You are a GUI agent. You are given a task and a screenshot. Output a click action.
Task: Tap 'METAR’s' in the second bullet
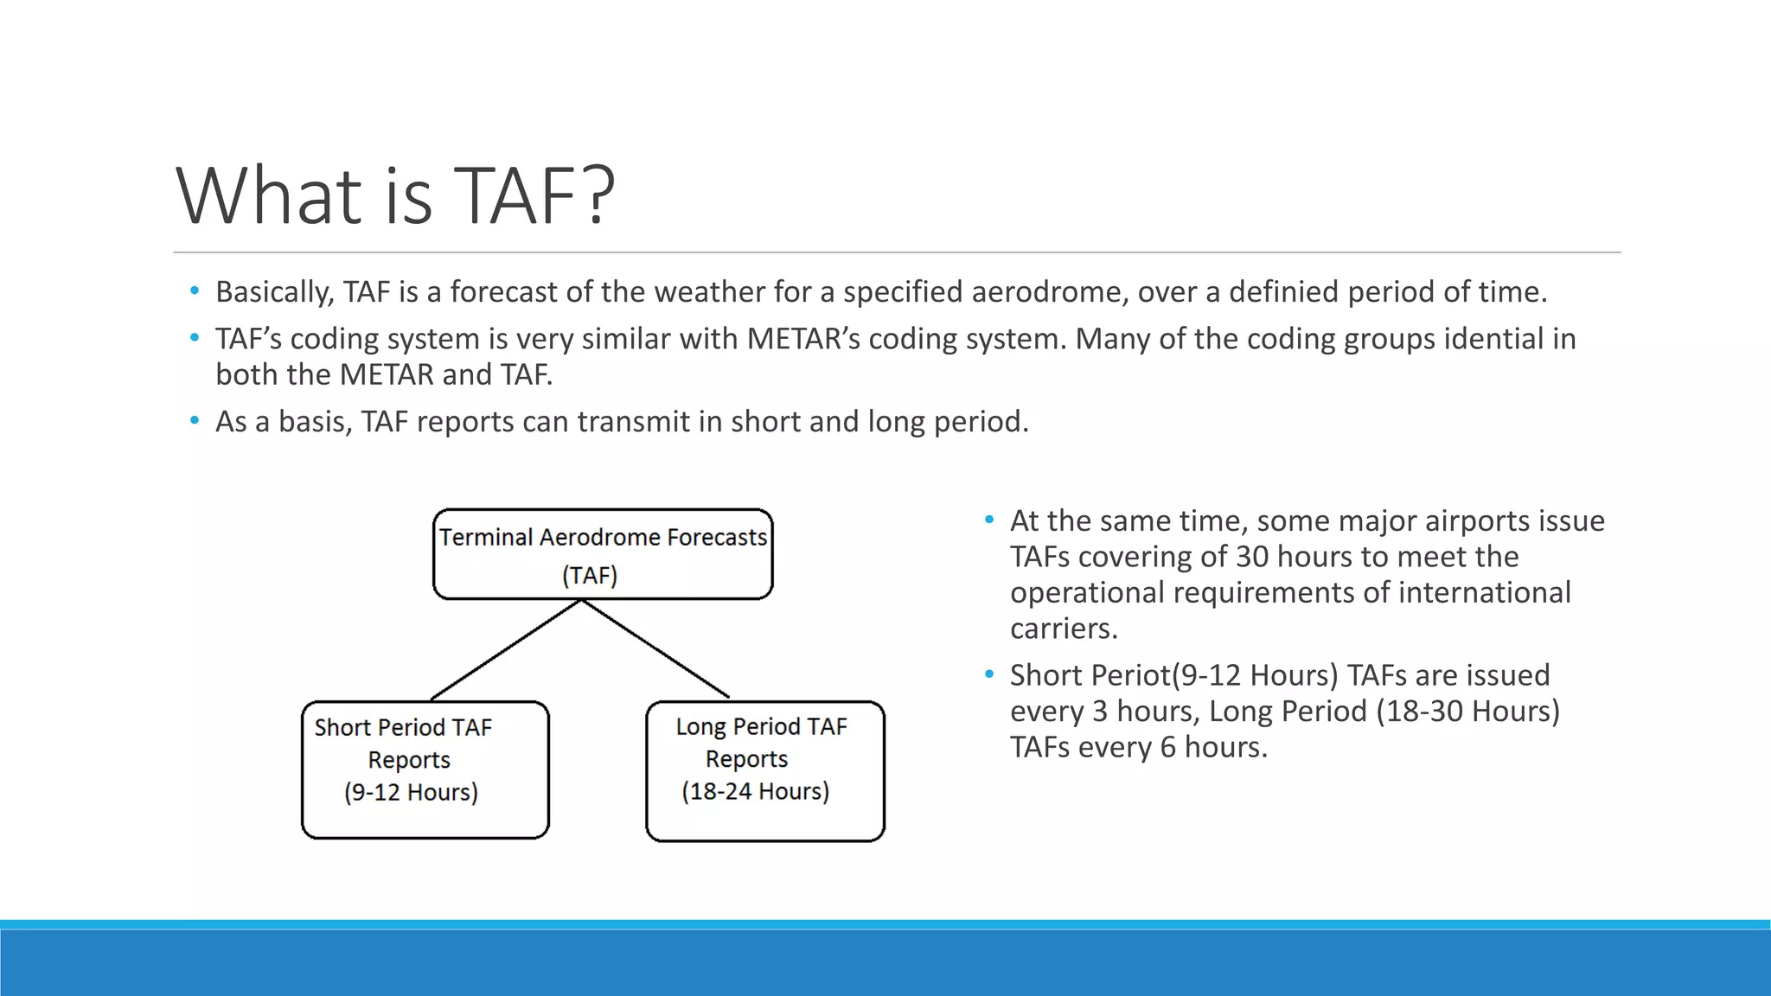(x=803, y=339)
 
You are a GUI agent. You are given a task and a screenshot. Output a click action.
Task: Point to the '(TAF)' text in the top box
(x=590, y=576)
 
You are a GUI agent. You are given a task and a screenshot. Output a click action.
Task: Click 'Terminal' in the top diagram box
(x=485, y=538)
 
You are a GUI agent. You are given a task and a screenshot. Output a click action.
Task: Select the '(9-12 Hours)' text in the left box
(x=411, y=792)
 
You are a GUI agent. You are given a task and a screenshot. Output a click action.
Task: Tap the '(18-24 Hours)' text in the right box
(x=755, y=791)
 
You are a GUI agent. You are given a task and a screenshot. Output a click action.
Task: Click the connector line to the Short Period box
(x=506, y=649)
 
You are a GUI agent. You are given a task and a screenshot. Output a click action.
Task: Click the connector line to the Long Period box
(x=655, y=649)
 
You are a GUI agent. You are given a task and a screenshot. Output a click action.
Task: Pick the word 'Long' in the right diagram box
(x=700, y=727)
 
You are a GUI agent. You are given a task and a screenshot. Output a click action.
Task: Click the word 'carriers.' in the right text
(x=1064, y=629)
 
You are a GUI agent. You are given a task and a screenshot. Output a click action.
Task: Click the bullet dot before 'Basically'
(x=195, y=291)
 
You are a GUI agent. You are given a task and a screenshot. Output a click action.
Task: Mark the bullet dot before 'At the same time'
(x=989, y=520)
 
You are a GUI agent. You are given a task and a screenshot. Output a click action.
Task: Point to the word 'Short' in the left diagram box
(x=342, y=728)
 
